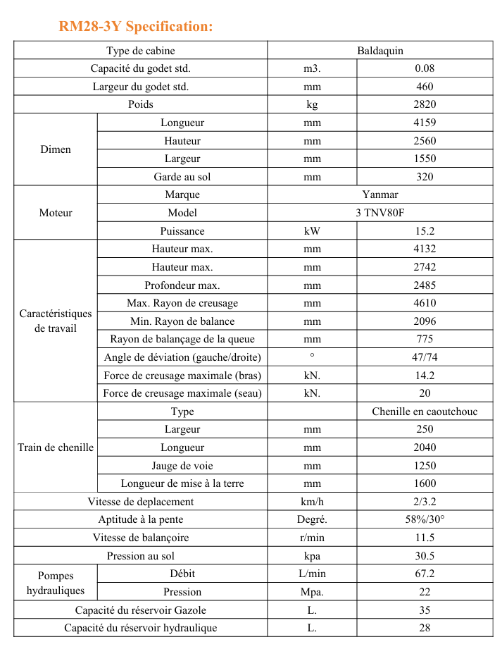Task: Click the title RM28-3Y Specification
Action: coord(136,27)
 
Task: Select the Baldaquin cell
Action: coord(380,51)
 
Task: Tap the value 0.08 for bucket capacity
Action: coord(425,68)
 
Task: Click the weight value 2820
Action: coord(425,104)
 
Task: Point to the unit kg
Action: coord(312,104)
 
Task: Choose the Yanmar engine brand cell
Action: coord(380,194)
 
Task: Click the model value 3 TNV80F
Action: coord(380,213)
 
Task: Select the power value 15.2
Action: coord(425,231)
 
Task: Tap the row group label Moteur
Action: coord(56,213)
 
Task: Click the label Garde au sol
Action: coord(182,177)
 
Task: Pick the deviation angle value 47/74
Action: coord(425,357)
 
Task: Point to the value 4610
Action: coord(425,303)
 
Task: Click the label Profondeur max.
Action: coord(182,285)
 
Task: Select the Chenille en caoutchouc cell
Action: coord(425,412)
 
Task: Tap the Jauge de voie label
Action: coord(182,466)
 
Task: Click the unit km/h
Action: coord(312,502)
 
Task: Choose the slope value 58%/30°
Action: coord(425,520)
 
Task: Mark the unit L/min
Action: coord(312,574)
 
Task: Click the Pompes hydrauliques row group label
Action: coord(56,583)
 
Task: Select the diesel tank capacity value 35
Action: coord(425,610)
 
